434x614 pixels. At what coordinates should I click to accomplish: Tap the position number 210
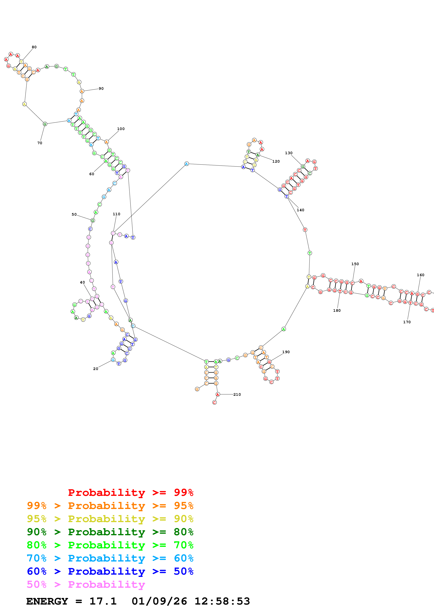point(237,395)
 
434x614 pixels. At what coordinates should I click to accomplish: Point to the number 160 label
point(420,275)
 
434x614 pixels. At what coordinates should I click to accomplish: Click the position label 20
point(95,369)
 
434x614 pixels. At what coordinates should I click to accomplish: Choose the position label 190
point(286,352)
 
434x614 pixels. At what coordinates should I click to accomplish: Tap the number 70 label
point(40,143)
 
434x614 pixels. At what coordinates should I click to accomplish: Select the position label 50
point(74,214)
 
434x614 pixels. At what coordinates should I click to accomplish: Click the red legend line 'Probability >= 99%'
point(130,493)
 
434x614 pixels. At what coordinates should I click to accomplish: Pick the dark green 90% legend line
point(110,532)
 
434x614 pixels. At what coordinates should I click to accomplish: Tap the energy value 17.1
point(103,601)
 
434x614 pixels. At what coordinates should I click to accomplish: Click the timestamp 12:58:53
point(222,601)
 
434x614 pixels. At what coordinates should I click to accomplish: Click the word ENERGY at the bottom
point(47,601)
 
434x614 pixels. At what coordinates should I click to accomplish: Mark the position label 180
point(337,311)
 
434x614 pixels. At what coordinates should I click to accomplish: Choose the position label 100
point(121,129)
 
